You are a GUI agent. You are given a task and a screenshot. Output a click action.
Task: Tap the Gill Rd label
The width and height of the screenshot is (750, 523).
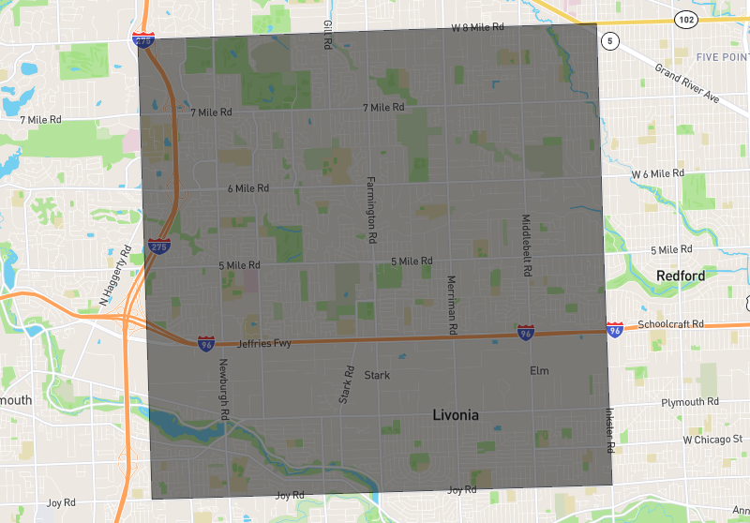(x=327, y=35)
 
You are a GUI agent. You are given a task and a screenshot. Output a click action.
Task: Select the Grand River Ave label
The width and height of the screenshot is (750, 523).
(x=686, y=83)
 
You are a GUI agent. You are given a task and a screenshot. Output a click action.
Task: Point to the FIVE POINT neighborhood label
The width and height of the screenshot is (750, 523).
(x=722, y=57)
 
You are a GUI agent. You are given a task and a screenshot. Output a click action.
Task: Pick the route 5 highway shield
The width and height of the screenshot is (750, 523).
(x=611, y=41)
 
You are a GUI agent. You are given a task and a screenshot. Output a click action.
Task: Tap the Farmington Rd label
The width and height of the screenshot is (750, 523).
(x=370, y=206)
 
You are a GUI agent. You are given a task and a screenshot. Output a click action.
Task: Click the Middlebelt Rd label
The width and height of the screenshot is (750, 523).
(x=526, y=245)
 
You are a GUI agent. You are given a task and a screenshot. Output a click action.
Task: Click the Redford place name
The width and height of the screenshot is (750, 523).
(x=680, y=276)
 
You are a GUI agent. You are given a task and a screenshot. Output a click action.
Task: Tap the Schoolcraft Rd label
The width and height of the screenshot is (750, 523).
(x=670, y=324)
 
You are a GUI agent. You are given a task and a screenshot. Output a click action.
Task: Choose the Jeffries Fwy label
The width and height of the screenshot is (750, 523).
(x=264, y=344)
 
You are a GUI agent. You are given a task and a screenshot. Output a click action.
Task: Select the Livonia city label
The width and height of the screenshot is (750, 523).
(x=456, y=414)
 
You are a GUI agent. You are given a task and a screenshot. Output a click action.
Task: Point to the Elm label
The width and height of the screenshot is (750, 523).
(x=539, y=371)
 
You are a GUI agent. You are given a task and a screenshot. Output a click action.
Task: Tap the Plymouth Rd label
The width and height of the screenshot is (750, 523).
(x=689, y=401)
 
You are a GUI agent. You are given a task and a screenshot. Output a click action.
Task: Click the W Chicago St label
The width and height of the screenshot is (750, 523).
(x=712, y=439)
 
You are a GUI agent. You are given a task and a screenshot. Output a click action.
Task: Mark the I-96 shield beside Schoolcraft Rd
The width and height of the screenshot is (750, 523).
(x=615, y=330)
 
